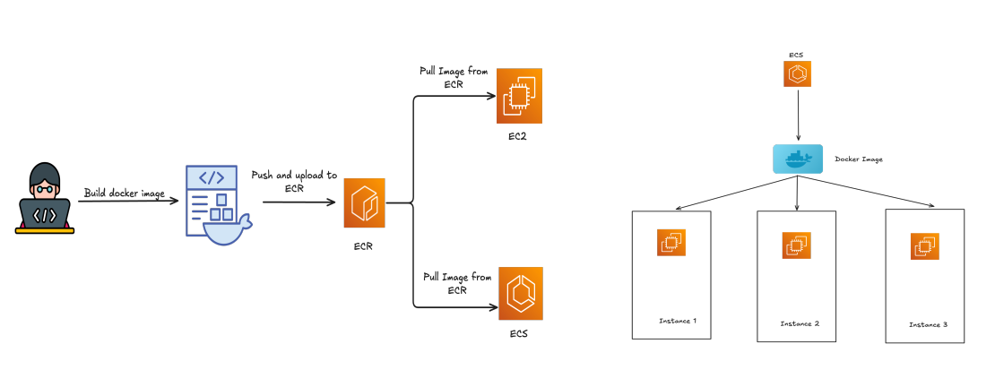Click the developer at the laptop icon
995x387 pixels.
(45, 198)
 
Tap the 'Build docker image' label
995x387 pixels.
(125, 193)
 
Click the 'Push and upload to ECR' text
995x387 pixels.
(294, 182)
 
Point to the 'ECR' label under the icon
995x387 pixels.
(363, 245)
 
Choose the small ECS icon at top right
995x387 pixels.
(797, 74)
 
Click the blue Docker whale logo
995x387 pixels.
(797, 159)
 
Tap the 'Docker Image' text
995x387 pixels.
(859, 159)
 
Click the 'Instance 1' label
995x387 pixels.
(677, 320)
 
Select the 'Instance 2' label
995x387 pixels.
(800, 323)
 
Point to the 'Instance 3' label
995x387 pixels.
(928, 323)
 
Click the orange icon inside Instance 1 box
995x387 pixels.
(671, 242)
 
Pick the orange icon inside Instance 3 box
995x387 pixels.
(925, 246)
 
